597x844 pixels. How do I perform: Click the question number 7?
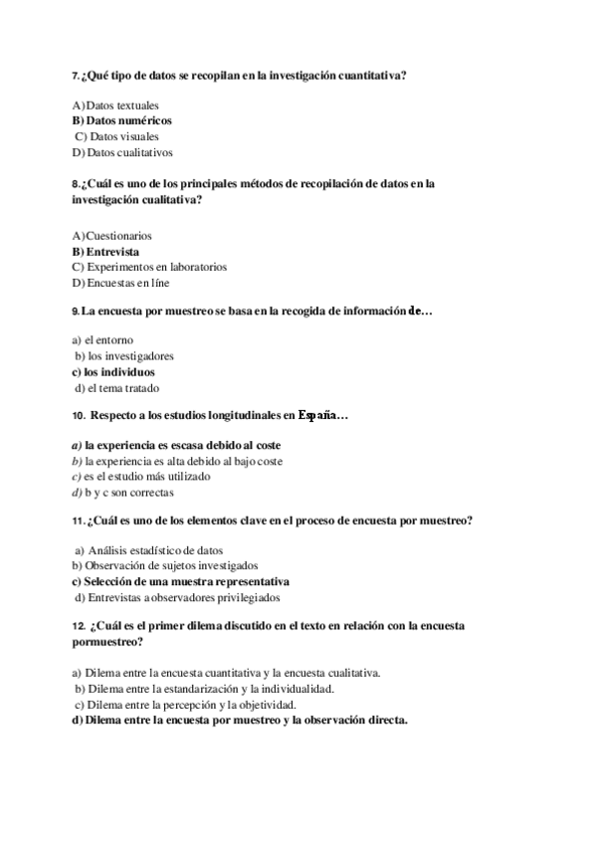point(76,75)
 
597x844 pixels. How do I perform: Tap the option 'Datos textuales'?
point(121,105)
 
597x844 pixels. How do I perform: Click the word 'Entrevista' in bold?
point(112,252)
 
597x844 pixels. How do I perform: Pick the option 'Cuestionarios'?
point(118,236)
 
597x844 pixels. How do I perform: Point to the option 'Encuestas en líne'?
point(127,283)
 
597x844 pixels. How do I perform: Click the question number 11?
point(78,521)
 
